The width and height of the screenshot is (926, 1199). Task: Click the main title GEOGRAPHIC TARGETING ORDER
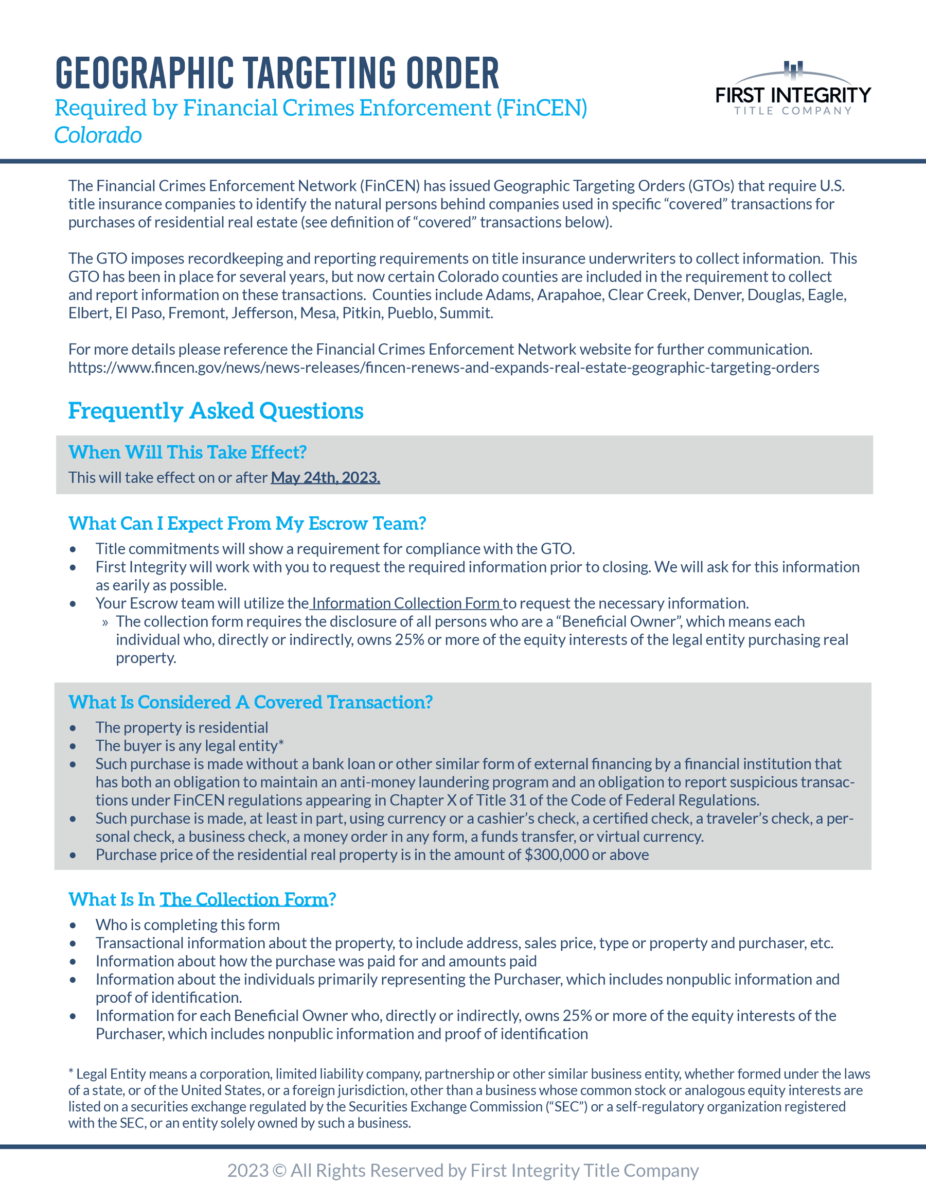[277, 73]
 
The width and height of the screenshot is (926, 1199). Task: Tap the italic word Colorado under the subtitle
[98, 135]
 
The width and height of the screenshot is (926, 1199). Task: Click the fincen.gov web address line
[443, 368]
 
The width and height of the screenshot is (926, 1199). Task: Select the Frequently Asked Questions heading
[216, 411]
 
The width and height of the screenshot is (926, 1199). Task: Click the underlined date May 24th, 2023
[325, 478]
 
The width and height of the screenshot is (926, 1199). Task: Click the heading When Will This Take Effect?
[187, 453]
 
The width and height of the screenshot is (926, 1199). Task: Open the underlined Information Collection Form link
[406, 603]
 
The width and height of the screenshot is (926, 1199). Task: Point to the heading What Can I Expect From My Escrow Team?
[247, 524]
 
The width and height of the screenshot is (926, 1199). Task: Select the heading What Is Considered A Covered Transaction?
[250, 702]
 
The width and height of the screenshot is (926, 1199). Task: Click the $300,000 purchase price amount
[556, 855]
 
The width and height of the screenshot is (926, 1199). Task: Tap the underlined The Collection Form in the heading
[243, 899]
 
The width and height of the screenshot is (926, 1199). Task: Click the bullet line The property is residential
[182, 728]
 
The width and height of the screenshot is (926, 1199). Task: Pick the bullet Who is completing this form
[188, 925]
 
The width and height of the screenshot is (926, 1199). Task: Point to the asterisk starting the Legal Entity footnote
[71, 1073]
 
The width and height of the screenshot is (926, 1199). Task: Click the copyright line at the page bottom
[462, 1171]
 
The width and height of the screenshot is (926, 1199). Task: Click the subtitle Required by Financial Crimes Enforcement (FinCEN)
[321, 108]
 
